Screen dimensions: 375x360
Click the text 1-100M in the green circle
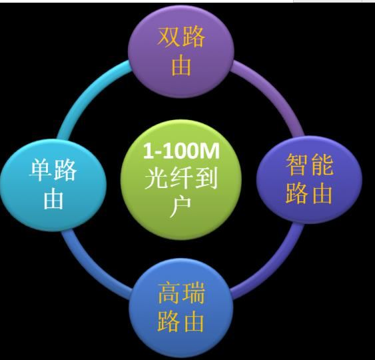tap(181, 151)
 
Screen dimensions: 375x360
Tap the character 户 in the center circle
tap(181, 208)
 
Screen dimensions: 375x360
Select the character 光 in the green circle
tap(156, 179)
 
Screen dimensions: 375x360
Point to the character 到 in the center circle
tap(206, 179)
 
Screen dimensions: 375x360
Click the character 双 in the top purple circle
tap(169, 37)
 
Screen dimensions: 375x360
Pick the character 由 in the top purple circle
tap(181, 65)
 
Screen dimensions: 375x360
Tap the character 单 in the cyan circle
tap(40, 170)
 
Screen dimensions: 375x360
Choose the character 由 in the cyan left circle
tap(53, 199)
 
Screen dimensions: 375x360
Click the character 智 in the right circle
tap(296, 165)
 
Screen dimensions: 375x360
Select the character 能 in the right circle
tap(322, 165)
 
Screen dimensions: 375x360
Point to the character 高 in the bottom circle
tap(169, 293)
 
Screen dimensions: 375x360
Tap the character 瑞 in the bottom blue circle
tap(194, 293)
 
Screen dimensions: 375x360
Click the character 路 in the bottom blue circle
tap(169, 321)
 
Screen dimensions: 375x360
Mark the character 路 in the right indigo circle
tap(296, 193)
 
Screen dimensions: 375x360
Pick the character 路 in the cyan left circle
tap(65, 170)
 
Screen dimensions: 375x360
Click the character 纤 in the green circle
tap(181, 179)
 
